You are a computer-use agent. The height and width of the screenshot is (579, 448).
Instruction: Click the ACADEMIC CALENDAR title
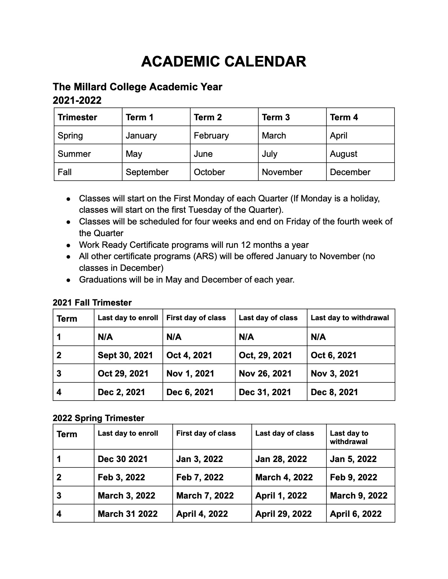coord(223,61)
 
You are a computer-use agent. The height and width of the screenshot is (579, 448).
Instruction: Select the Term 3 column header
coord(276,117)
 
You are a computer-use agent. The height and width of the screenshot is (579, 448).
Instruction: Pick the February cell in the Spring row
coord(211,136)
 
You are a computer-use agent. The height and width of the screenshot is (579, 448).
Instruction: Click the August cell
coord(343,154)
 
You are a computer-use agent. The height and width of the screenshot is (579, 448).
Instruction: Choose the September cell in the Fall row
coord(147,172)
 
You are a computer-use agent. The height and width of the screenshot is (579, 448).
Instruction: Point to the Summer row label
coord(74,154)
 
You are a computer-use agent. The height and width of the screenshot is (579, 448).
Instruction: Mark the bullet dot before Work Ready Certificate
coord(68,246)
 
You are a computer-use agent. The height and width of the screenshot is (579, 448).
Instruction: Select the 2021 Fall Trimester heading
coord(92,303)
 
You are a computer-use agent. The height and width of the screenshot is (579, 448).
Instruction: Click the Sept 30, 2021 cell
coord(125,355)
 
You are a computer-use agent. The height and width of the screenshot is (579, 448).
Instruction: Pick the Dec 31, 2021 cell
coord(265,392)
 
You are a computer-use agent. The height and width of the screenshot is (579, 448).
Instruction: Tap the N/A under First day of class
coord(174,337)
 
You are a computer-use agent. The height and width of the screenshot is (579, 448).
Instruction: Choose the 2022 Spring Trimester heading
coord(98,418)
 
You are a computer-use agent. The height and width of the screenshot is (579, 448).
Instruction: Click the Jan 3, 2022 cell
coord(199,459)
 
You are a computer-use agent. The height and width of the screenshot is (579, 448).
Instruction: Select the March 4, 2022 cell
coord(284,477)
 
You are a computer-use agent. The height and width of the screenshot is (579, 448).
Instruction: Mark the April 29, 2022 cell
coord(283,514)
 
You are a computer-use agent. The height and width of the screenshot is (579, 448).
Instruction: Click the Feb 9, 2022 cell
coord(353,477)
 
